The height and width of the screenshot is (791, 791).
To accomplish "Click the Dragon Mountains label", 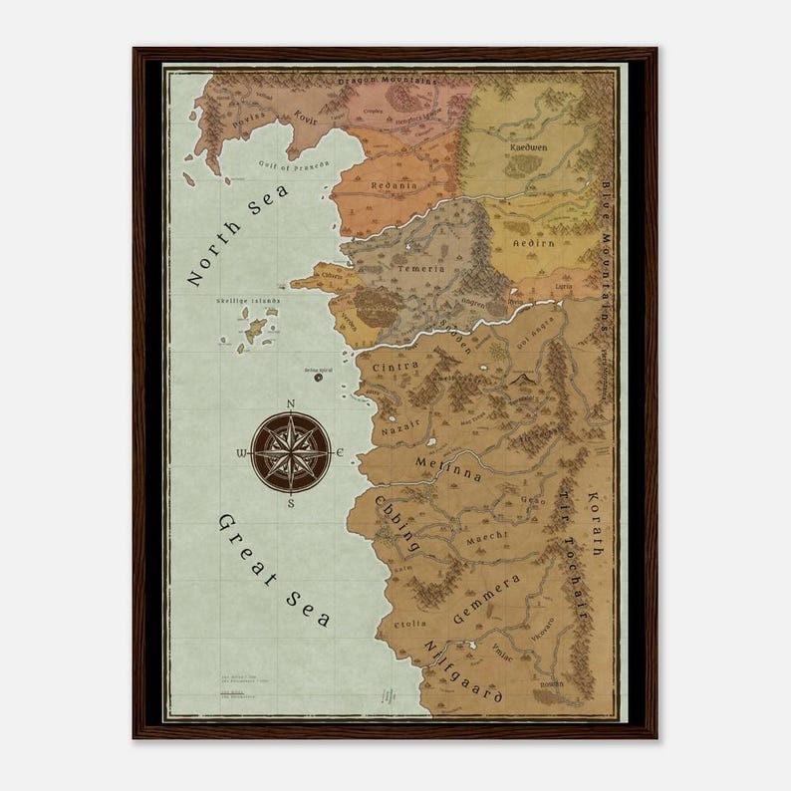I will click(388, 81).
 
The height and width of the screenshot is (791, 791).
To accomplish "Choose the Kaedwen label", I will click(528, 146).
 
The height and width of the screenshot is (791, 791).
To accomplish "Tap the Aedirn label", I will click(532, 242).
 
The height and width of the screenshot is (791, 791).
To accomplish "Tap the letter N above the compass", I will click(290, 403).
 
